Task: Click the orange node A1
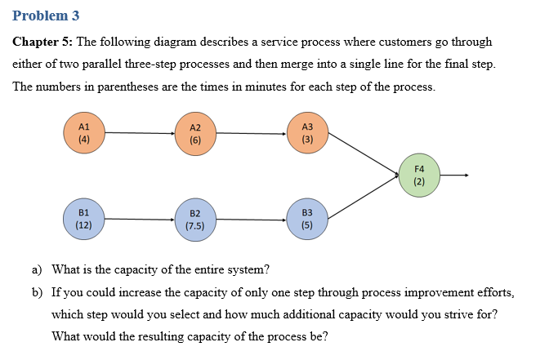83,132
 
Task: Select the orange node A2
194,133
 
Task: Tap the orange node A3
307,132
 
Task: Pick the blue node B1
83,218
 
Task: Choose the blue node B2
194,220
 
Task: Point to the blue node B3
307,218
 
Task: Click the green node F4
419,176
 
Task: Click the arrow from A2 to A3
251,133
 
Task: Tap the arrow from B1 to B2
139,219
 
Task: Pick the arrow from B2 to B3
251,219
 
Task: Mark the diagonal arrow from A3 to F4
364,154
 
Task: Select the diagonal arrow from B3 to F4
364,197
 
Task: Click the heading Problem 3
46,16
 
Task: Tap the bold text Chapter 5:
42,42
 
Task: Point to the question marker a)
37,269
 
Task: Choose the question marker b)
37,291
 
